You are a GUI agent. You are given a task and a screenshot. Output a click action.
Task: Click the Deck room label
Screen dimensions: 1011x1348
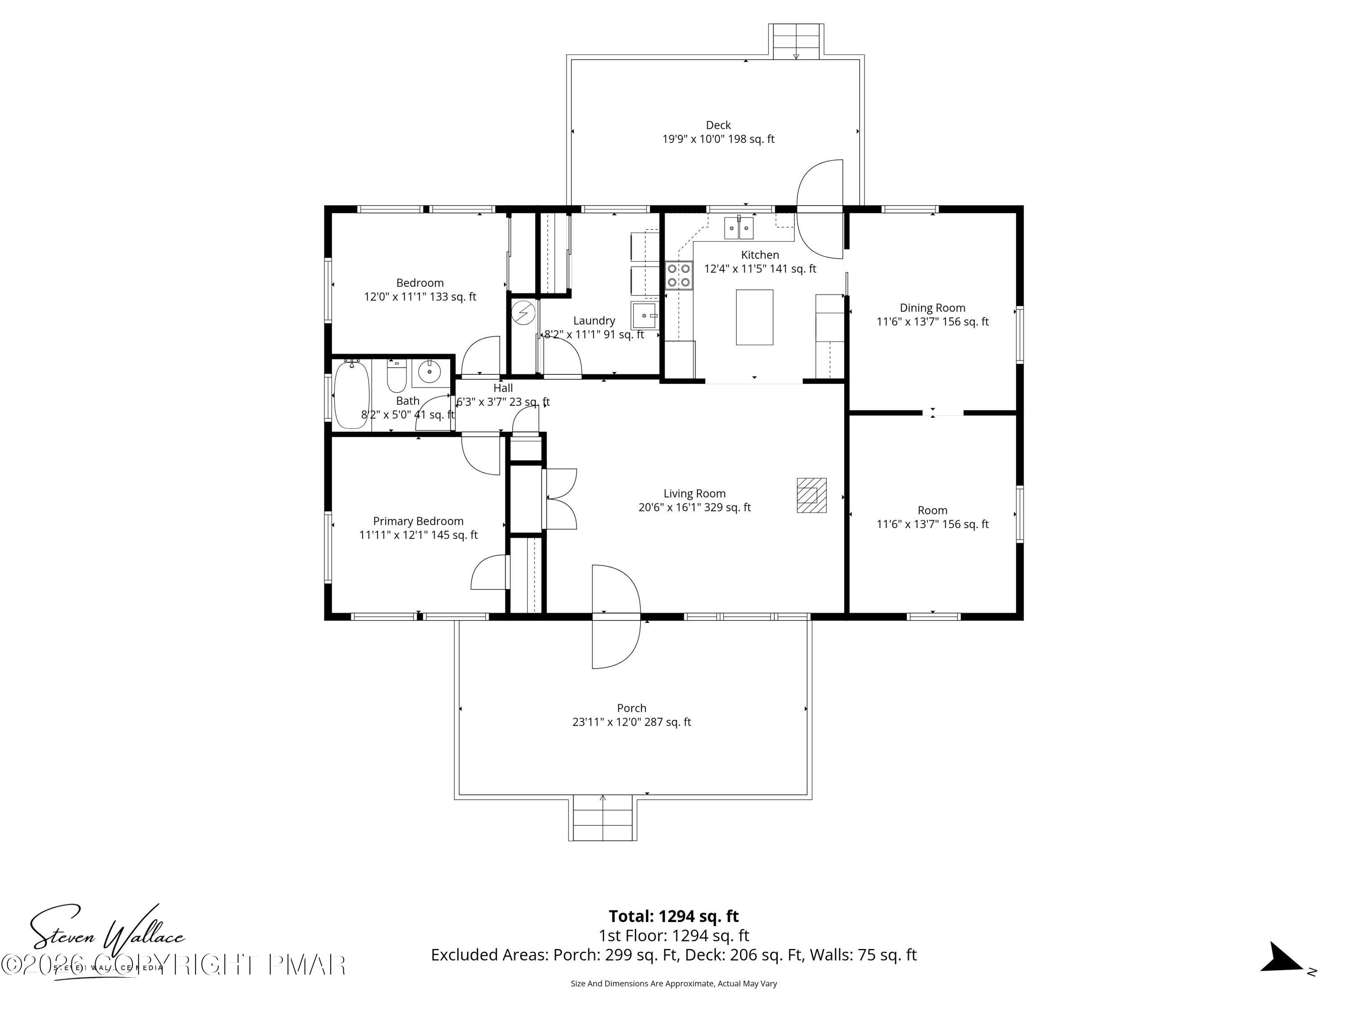click(718, 125)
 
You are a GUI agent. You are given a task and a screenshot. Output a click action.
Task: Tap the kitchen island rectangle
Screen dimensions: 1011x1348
click(754, 318)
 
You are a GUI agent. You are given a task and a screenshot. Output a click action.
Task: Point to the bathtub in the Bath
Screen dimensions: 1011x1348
click(352, 394)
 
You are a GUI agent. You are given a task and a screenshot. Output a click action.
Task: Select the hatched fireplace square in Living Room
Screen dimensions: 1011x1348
click(812, 495)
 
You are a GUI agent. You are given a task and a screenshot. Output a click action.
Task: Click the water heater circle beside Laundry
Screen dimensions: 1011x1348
click(523, 313)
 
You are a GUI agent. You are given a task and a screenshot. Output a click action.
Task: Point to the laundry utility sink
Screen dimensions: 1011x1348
click(645, 316)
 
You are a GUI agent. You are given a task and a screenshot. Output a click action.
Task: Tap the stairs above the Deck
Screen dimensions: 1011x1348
click(796, 41)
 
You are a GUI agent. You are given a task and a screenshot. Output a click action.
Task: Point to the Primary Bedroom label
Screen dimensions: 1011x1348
click(418, 521)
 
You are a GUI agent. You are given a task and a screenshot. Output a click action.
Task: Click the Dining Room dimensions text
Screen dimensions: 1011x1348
click(932, 322)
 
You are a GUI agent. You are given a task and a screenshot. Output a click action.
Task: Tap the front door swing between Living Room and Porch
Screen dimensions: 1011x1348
click(616, 617)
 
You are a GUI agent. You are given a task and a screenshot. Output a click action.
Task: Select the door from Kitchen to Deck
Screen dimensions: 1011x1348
click(820, 209)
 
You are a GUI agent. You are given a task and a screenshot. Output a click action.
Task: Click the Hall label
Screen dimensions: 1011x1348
click(503, 388)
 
